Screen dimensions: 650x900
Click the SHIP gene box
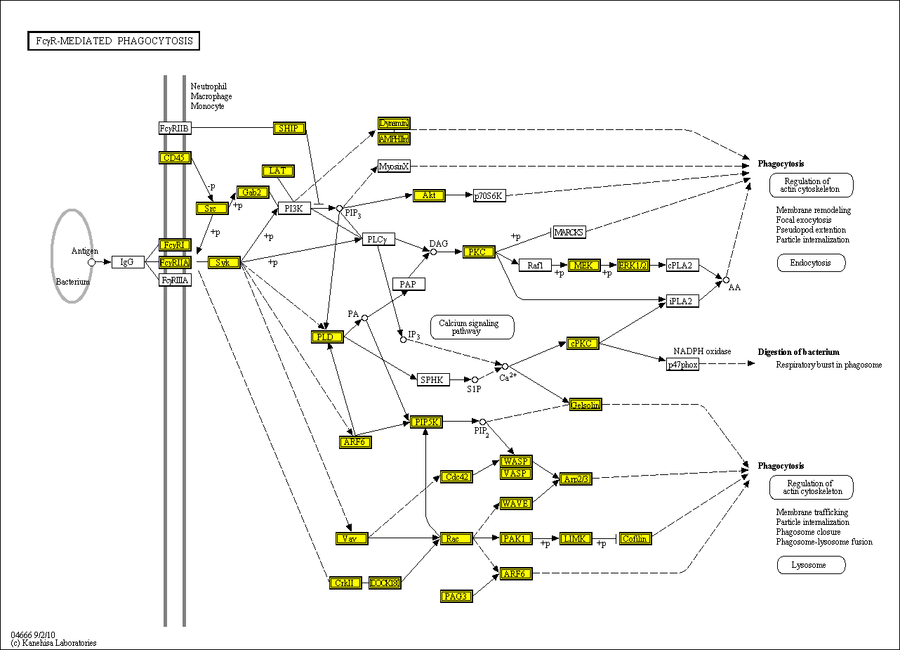pyautogui.click(x=289, y=128)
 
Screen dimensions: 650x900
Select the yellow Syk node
pyautogui.click(x=224, y=262)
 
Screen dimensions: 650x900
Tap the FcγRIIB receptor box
pyautogui.click(x=174, y=128)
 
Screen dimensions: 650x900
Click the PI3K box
pyautogui.click(x=294, y=208)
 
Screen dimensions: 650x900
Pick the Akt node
pyautogui.click(x=429, y=195)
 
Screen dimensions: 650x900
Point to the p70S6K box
pyautogui.click(x=489, y=195)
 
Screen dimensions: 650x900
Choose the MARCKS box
pyautogui.click(x=569, y=232)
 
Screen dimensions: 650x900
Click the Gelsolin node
pyautogui.click(x=585, y=405)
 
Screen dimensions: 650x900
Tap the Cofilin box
pyautogui.click(x=635, y=538)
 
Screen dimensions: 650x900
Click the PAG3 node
pyautogui.click(x=456, y=596)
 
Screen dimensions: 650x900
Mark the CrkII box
pyautogui.click(x=345, y=583)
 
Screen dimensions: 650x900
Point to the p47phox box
pyautogui.click(x=682, y=363)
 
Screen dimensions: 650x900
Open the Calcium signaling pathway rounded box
pyautogui.click(x=472, y=327)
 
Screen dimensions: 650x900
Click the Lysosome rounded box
pyautogui.click(x=811, y=565)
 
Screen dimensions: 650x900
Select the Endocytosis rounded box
pyautogui.click(x=811, y=263)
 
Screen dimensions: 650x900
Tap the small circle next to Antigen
pyautogui.click(x=91, y=262)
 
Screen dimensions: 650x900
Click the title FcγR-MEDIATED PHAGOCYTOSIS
pyautogui.click(x=114, y=41)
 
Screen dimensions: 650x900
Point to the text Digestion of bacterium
pyautogui.click(x=798, y=352)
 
